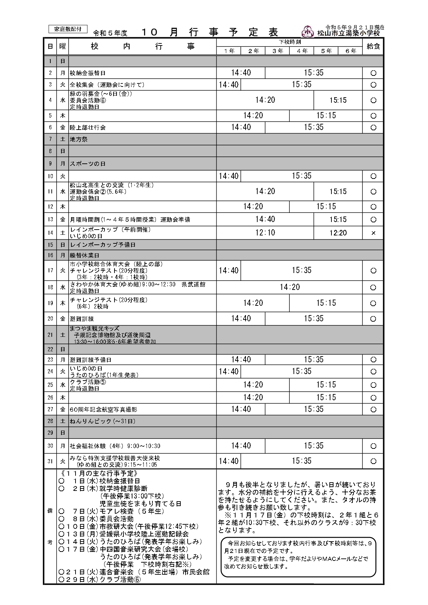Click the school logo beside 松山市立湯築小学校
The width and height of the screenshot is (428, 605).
307,32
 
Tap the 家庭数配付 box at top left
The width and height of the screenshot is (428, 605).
68,29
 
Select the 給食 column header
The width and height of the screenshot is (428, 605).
373,47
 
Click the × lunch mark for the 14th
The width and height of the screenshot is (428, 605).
373,233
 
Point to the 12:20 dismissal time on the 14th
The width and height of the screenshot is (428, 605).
338,233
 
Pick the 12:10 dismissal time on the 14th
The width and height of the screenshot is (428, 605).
265,233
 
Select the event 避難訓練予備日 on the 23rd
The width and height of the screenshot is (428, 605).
90,360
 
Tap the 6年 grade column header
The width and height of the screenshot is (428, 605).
350,51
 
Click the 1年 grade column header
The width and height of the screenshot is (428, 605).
229,51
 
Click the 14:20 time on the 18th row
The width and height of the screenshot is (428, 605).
290,287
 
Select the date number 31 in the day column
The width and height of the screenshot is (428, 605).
50,461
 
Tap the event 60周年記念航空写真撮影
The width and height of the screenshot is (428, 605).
103,410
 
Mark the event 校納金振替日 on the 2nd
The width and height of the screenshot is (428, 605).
88,73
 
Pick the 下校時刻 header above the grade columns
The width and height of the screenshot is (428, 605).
290,42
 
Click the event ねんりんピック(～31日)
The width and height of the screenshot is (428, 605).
103,421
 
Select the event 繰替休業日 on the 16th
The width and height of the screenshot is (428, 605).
84,255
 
